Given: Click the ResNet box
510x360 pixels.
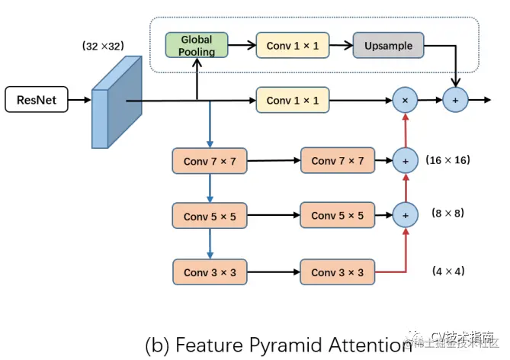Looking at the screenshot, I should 37,100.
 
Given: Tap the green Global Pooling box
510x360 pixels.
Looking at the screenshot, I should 197,46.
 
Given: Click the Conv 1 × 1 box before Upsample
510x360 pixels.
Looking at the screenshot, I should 293,46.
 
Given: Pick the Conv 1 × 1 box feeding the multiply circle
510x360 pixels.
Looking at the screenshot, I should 293,100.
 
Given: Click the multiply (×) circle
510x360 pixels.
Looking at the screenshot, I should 405,100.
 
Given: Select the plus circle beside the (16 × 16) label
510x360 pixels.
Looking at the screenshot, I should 405,160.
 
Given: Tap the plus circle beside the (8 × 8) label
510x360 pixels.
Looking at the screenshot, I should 405,216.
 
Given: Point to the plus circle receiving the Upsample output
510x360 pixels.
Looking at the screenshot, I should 456,100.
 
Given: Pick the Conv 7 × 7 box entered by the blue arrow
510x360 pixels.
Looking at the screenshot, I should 210,161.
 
